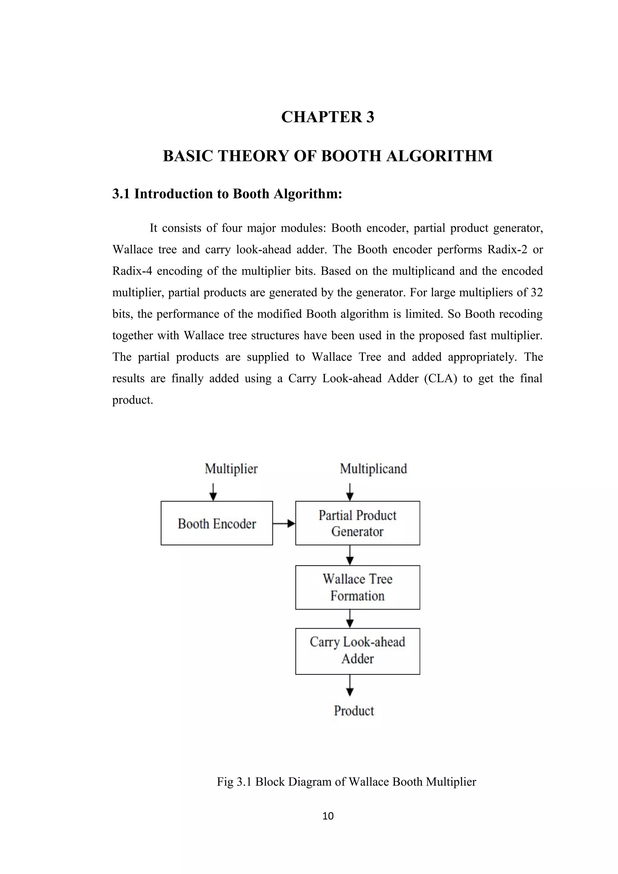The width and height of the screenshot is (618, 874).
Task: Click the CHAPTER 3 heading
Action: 327,117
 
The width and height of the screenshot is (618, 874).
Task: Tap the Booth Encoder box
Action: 217,524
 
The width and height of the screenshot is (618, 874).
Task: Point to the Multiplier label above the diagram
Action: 231,469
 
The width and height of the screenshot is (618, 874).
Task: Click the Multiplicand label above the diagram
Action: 373,469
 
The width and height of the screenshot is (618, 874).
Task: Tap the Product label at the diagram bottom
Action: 354,711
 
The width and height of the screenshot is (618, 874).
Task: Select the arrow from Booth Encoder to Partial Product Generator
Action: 284,524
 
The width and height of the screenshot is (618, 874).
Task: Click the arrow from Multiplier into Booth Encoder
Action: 213,492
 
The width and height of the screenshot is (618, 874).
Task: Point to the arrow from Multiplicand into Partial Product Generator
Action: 350,492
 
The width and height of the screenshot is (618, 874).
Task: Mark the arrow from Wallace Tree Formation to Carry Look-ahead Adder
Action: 350,619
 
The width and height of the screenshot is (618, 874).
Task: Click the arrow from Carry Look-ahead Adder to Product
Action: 350,685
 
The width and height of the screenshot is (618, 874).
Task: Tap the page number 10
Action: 328,816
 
